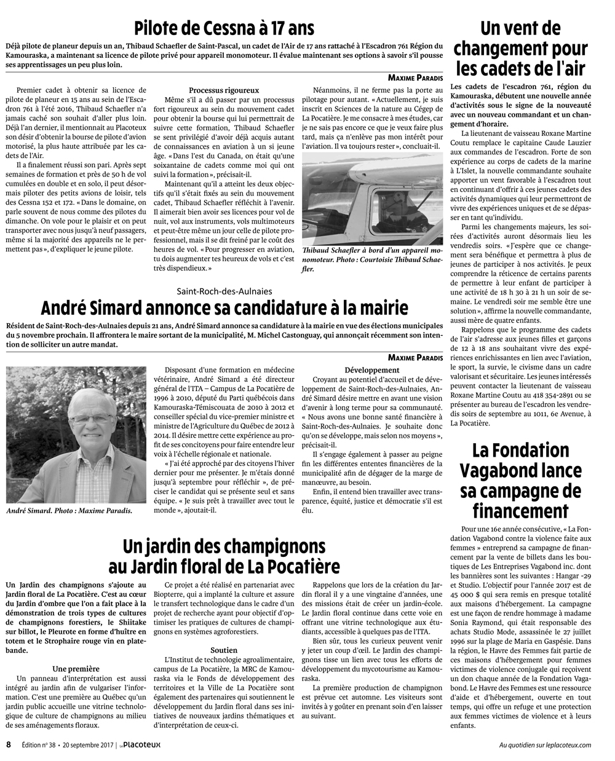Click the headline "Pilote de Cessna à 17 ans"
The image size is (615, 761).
[224, 28]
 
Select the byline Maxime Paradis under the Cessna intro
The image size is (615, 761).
[415, 77]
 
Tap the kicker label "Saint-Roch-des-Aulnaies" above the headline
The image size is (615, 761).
[224, 291]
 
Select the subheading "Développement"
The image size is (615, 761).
[372, 370]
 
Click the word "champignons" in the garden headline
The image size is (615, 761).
[273, 546]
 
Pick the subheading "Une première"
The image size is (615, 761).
[76, 668]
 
